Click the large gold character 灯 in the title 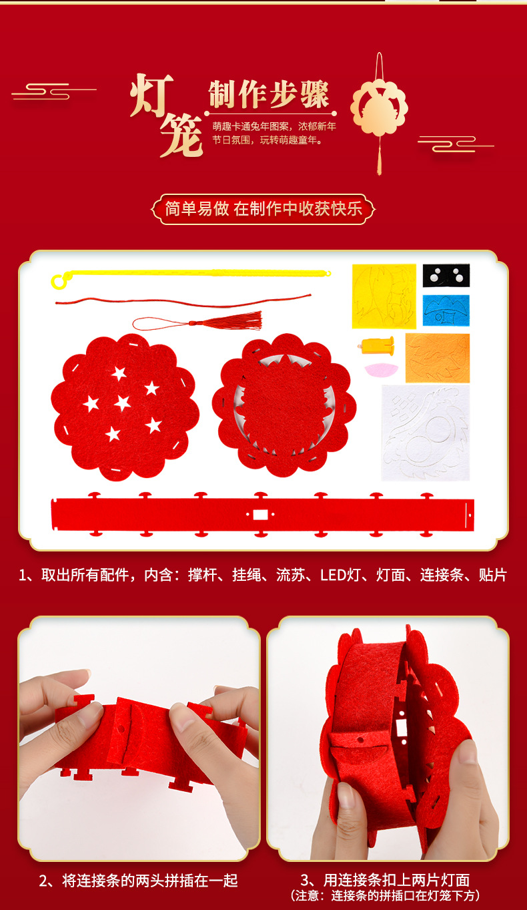click(153, 95)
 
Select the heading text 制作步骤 click(269, 95)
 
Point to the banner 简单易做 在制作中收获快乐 click(263, 209)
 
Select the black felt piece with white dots click(446, 275)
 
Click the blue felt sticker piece click(446, 310)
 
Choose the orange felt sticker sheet click(437, 358)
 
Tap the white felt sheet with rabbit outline click(425, 432)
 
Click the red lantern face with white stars click(125, 407)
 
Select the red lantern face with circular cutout click(284, 405)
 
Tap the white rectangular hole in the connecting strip click(259, 515)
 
